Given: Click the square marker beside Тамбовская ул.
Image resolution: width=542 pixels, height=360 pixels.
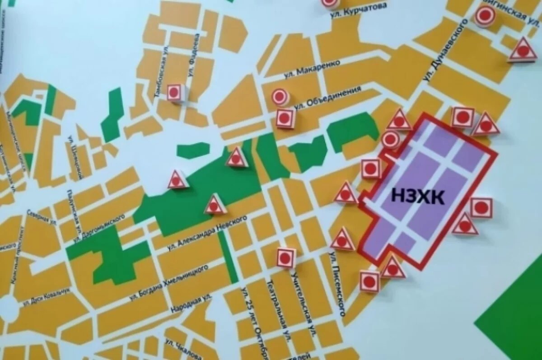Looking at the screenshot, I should coord(174,93).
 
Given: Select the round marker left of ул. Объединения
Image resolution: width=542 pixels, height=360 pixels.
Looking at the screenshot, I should coord(280,97).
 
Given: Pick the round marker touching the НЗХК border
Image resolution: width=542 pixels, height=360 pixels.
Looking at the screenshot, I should coord(391,140).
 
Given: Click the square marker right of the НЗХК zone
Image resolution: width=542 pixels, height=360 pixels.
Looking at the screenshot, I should coord(481,208).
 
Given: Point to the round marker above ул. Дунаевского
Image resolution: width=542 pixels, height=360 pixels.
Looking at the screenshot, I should coord(485,16).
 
